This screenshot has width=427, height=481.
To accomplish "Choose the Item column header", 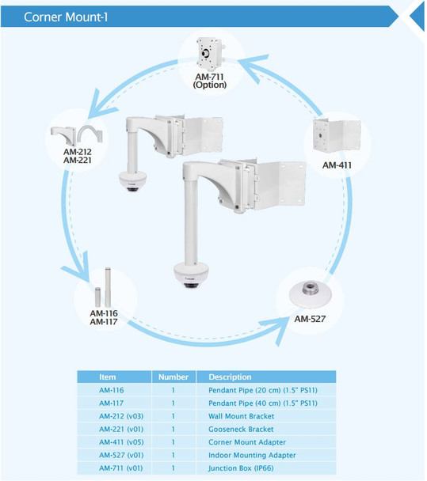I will (x=108, y=377).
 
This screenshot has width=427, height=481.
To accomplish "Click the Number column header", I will (x=173, y=377).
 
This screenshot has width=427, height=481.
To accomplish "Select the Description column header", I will (x=230, y=377).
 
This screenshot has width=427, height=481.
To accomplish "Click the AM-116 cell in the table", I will (x=112, y=390).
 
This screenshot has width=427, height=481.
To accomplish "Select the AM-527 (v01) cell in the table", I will (x=120, y=455).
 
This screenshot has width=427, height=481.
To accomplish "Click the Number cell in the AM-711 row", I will (x=173, y=468).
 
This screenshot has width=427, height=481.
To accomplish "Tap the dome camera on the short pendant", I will (x=130, y=180).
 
